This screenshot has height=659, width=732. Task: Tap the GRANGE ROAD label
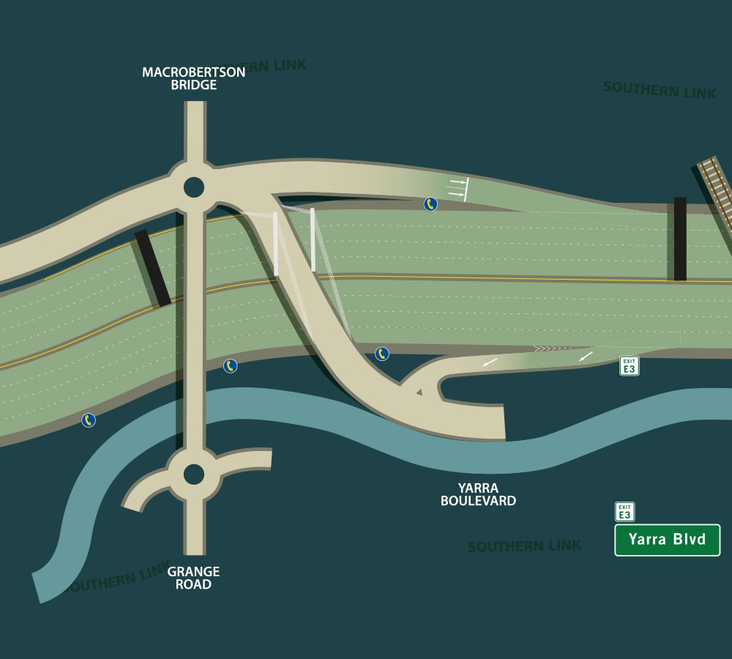click(193, 578)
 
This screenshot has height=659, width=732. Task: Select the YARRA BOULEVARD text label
click(478, 495)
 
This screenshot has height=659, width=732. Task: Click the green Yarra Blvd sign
click(667, 540)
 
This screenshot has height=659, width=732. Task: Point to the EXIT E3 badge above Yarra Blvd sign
click(624, 511)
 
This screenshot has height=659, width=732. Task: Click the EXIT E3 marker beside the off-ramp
click(629, 366)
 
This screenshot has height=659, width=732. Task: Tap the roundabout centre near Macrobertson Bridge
click(193, 187)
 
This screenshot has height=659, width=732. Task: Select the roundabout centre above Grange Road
click(193, 474)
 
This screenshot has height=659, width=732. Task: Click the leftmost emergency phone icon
click(89, 420)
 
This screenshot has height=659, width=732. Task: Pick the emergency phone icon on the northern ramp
click(430, 204)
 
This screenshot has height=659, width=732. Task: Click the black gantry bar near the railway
click(680, 239)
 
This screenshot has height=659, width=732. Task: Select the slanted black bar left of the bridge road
click(152, 268)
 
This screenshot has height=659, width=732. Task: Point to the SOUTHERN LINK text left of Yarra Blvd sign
click(524, 546)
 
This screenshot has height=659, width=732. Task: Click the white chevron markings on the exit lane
click(550, 348)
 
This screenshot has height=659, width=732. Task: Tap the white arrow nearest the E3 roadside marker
click(586, 356)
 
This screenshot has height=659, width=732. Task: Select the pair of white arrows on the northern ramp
click(457, 187)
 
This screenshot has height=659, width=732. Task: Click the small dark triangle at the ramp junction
click(419, 393)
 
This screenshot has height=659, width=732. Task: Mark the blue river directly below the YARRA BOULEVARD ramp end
click(505, 458)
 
